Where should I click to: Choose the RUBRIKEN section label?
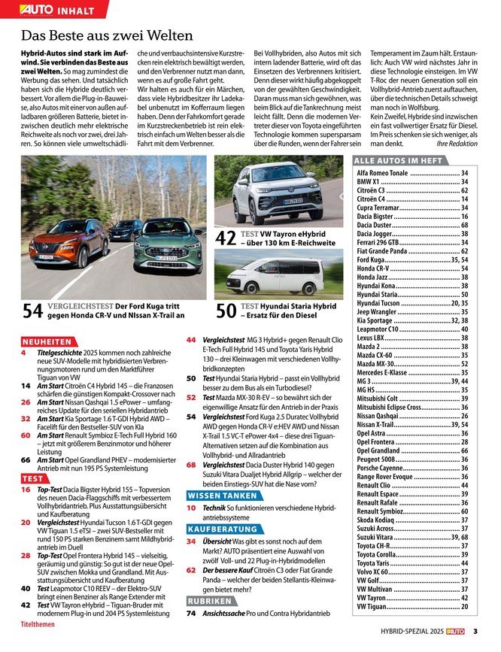[x=210, y=602]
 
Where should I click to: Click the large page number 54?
[x=32, y=311]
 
